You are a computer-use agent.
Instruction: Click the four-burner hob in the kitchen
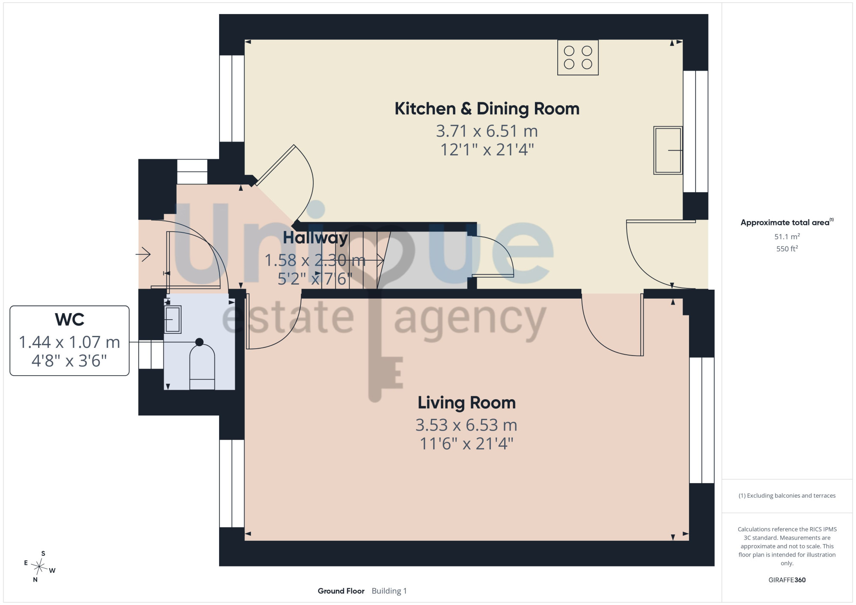click(x=578, y=57)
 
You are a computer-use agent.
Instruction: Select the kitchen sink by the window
click(x=668, y=150)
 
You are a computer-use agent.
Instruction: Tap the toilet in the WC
click(x=202, y=367)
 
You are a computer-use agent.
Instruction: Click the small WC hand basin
click(x=172, y=319)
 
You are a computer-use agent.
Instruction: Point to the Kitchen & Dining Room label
click(x=487, y=109)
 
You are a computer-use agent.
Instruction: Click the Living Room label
click(x=467, y=403)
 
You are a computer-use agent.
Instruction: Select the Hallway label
click(x=315, y=238)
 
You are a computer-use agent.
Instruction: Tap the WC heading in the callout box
click(x=70, y=320)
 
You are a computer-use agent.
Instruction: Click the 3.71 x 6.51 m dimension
click(x=487, y=131)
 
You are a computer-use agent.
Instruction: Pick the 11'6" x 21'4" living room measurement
click(x=467, y=444)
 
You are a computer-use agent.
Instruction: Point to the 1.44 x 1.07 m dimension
click(x=69, y=342)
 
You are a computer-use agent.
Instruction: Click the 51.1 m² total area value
click(x=787, y=236)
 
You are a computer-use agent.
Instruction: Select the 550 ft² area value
click(x=787, y=249)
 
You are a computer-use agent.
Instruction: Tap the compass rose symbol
click(x=39, y=567)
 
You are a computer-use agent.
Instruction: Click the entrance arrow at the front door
click(x=143, y=255)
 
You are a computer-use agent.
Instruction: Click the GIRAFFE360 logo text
click(x=787, y=580)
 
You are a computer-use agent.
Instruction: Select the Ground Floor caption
click(x=341, y=591)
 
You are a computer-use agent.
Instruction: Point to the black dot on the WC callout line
click(x=199, y=342)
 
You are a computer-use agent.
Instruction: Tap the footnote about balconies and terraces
click(x=787, y=495)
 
